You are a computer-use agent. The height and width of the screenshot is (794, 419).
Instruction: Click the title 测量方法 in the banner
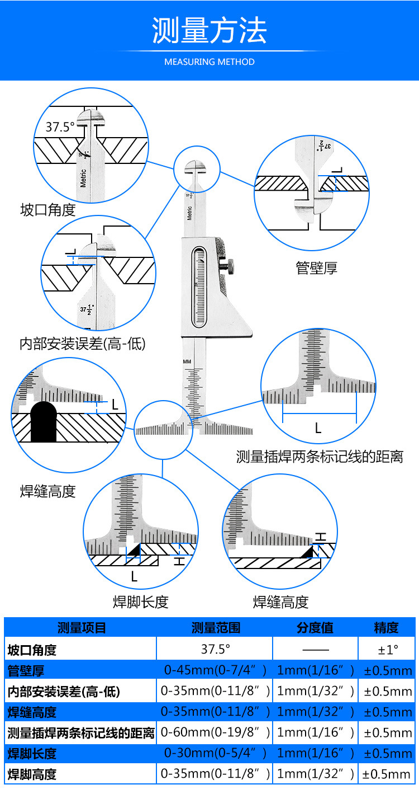(209, 31)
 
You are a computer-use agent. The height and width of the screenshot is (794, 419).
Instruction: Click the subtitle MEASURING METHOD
(209, 62)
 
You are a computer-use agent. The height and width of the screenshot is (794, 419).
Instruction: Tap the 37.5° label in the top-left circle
(60, 127)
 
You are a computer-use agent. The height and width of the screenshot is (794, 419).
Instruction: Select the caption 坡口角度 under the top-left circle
(47, 210)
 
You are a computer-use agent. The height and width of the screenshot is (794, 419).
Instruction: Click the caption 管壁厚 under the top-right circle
(316, 268)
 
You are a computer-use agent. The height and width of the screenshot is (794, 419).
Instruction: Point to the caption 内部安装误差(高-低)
(82, 344)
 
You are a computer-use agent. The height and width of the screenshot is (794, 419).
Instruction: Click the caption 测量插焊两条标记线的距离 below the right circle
(320, 457)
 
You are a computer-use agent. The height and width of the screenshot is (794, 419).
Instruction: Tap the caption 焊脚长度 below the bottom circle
(140, 602)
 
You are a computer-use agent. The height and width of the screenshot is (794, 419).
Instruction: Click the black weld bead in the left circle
(44, 421)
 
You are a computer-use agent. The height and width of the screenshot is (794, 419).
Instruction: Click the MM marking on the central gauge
(187, 362)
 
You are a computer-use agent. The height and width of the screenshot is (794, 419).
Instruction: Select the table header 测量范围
(216, 628)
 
